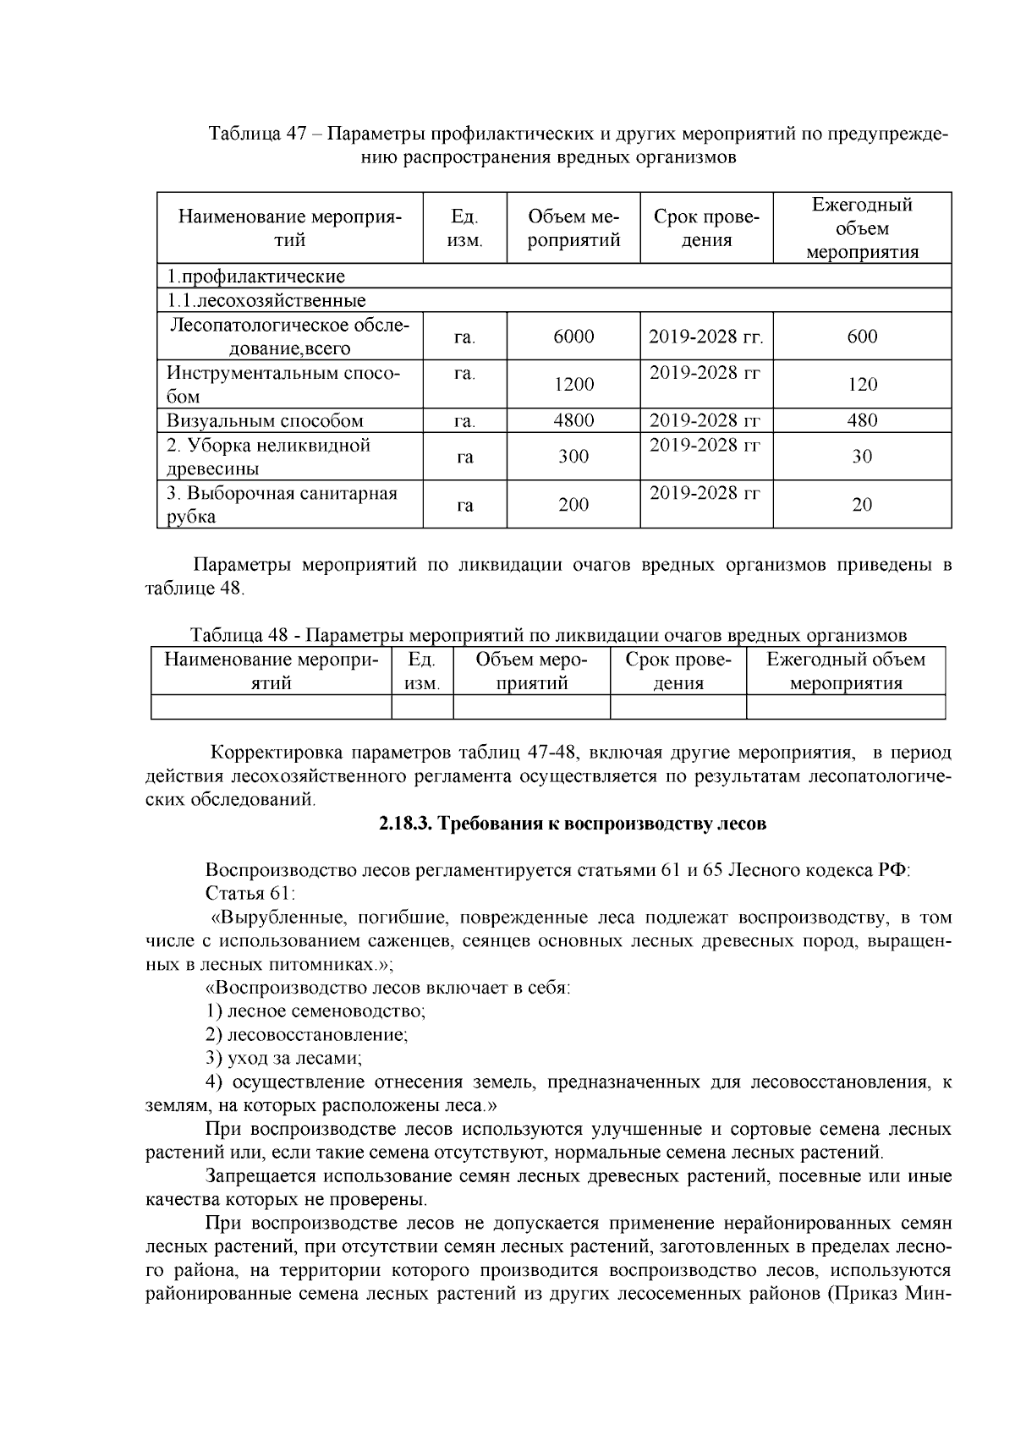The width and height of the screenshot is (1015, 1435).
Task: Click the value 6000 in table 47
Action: click(x=573, y=337)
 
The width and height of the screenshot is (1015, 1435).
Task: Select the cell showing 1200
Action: click(x=573, y=385)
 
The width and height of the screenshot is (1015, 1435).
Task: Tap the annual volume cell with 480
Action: click(x=862, y=420)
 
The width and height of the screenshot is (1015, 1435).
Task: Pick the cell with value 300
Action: click(x=573, y=457)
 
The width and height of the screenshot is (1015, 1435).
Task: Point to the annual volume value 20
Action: click(x=862, y=505)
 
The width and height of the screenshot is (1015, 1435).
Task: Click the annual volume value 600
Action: click(x=862, y=337)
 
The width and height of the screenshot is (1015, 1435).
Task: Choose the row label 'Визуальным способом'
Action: click(x=265, y=420)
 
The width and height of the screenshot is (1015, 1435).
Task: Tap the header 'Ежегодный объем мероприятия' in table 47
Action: click(x=862, y=228)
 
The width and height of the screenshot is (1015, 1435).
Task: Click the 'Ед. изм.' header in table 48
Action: click(x=422, y=671)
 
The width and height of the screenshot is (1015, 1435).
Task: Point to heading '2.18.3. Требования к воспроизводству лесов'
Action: click(x=573, y=824)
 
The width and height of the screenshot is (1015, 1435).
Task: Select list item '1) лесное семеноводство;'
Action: click(x=315, y=1011)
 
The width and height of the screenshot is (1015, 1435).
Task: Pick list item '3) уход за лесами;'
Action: click(x=283, y=1058)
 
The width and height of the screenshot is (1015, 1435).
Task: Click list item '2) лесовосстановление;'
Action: click(x=306, y=1034)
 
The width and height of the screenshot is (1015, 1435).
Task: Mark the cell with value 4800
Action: click(x=573, y=420)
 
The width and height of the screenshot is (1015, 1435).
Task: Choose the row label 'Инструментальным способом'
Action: click(x=283, y=385)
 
